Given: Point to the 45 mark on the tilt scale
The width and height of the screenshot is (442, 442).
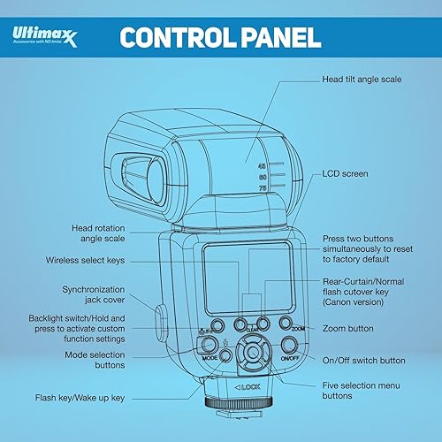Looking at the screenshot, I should click(x=262, y=165).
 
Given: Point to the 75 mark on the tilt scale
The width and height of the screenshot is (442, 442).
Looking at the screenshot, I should click(x=262, y=187).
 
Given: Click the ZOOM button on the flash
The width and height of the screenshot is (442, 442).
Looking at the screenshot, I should click(x=286, y=324).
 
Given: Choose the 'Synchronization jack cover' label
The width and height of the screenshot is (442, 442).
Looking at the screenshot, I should click(x=103, y=295).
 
